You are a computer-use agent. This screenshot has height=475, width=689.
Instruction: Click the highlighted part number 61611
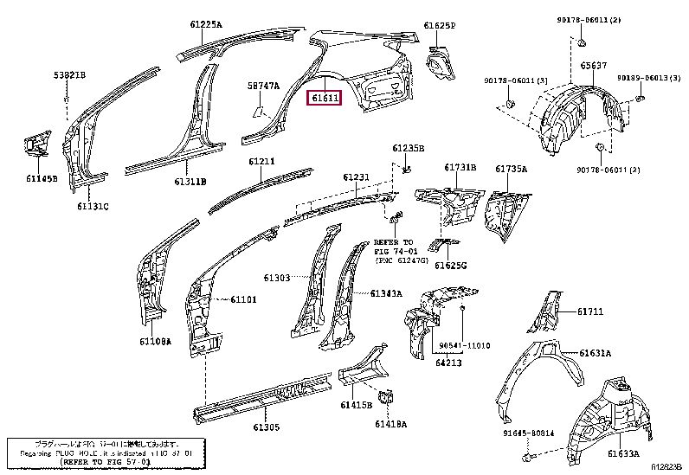[x=327, y=98]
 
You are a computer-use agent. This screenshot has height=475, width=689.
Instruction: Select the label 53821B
[x=69, y=76]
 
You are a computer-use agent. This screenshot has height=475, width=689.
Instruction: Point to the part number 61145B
[x=41, y=179]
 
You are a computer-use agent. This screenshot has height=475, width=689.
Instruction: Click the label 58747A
[x=263, y=86]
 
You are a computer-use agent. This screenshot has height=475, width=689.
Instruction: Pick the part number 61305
[x=266, y=427]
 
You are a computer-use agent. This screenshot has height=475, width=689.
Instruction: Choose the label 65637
[x=591, y=65]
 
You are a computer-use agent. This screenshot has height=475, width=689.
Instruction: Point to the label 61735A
[x=511, y=169]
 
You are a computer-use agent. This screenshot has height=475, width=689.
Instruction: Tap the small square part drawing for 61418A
[x=387, y=399]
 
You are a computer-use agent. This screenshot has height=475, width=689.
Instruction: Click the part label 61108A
[x=155, y=342]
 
